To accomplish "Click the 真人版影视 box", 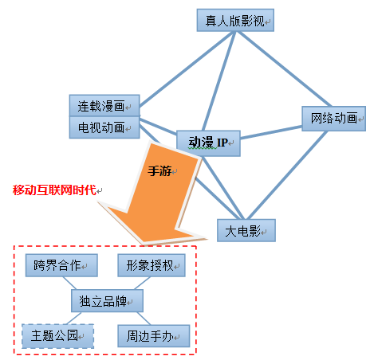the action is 235,20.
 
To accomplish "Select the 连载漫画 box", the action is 104,105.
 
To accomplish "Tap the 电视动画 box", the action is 104,127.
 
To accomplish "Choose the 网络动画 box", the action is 333,119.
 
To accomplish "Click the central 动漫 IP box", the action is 208,143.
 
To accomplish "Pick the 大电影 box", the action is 246,230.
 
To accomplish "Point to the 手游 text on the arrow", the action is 159,171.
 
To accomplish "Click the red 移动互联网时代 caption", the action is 54,190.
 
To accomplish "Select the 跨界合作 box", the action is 61,265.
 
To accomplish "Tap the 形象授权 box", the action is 152,265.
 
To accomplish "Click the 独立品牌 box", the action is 107,301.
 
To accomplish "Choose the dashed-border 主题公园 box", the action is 57,336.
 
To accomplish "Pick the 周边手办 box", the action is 154,336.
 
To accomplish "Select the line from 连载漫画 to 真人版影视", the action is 187,69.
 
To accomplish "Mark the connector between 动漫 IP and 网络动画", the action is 271,132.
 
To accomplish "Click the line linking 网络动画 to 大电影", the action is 287,175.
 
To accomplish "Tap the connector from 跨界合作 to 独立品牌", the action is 69,283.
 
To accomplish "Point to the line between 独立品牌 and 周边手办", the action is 144,319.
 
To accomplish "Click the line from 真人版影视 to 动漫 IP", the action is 219,81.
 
